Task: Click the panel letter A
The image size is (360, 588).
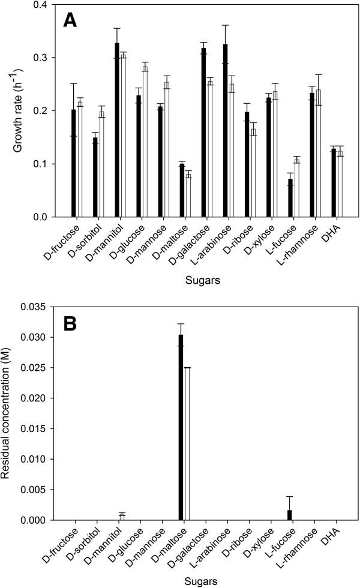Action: [71, 22]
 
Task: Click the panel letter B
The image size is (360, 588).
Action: [71, 324]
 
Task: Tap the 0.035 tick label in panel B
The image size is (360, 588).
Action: [30, 307]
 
